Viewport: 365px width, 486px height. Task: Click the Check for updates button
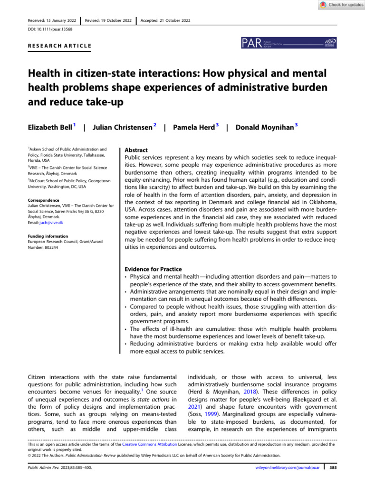click(x=338, y=4)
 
